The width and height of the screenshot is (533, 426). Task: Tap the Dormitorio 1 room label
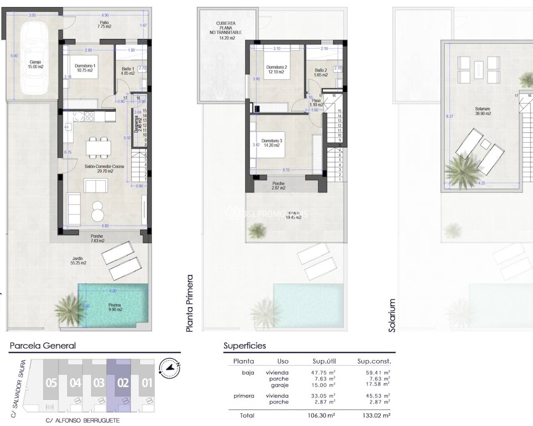[85, 68]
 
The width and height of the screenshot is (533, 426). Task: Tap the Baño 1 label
[127, 71]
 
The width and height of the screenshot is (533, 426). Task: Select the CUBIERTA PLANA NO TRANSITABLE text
[226, 30]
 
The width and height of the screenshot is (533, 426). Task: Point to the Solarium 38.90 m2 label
[483, 111]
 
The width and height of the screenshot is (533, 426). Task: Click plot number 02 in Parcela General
[123, 382]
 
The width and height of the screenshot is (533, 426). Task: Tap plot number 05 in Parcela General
[51, 382]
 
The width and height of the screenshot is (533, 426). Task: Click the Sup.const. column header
[374, 361]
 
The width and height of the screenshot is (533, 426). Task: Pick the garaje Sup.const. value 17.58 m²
[378, 385]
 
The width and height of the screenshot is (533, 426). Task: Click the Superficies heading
[244, 345]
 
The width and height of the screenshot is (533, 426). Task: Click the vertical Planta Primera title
[190, 303]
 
